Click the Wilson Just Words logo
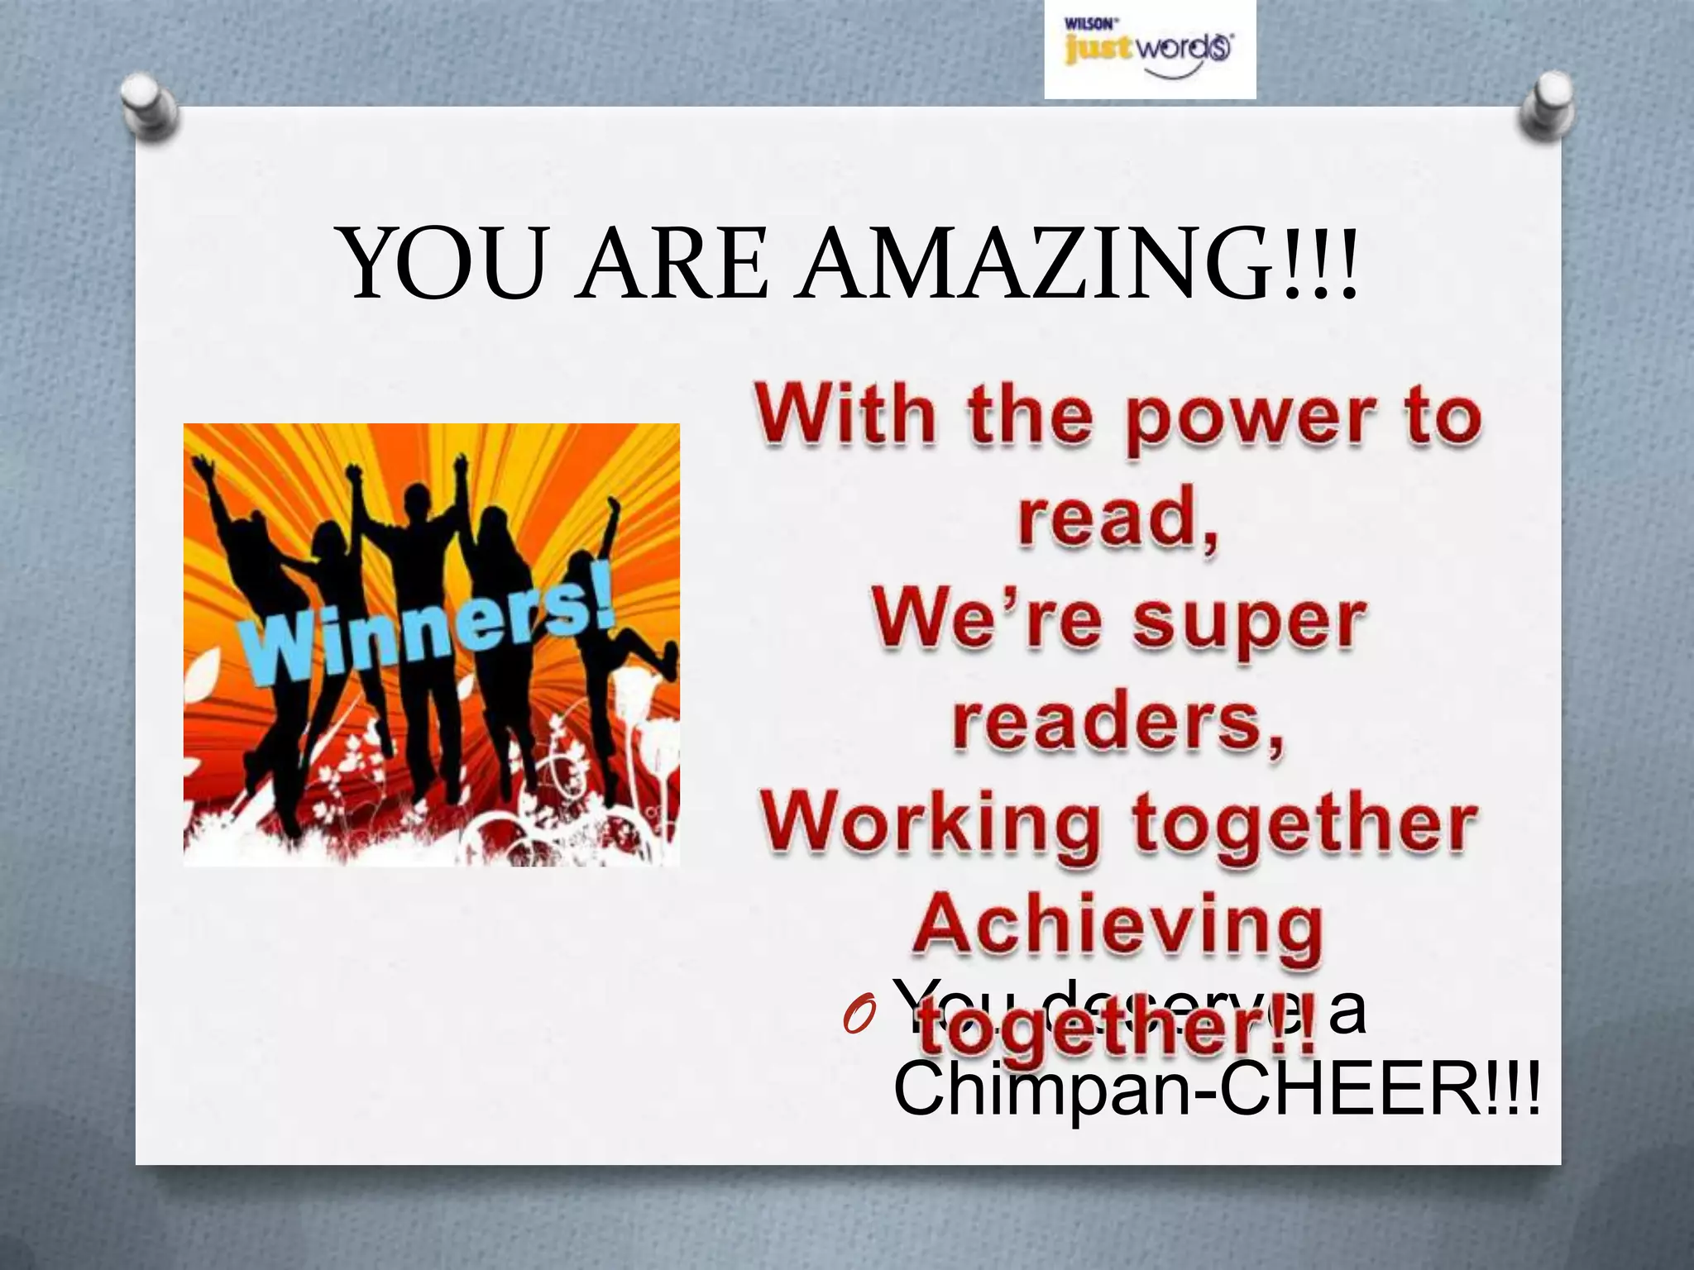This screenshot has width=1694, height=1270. click(x=1149, y=50)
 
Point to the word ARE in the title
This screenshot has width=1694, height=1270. click(x=673, y=263)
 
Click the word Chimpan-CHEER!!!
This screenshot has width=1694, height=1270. click(x=1216, y=1090)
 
